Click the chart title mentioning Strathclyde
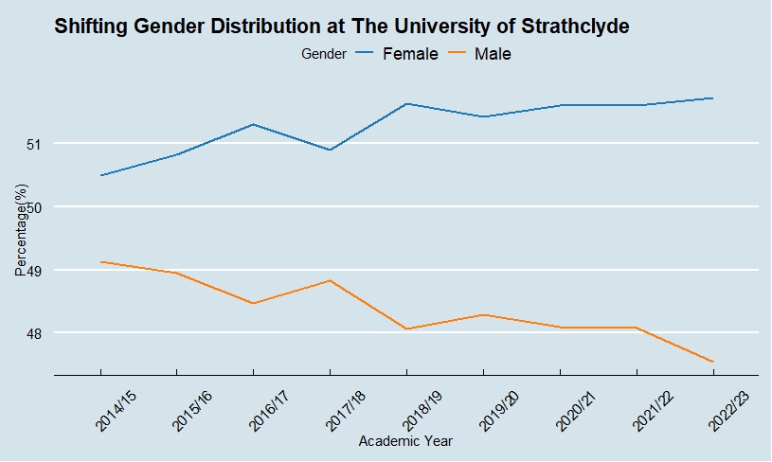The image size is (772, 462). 342,27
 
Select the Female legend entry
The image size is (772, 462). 409,54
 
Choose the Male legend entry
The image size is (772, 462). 492,54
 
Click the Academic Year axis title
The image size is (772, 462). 405,441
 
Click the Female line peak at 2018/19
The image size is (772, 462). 406,103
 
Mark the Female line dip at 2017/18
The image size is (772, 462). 330,150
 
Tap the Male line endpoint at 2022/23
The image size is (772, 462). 712,362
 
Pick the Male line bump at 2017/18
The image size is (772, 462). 330,280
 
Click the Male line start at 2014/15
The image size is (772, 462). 100,261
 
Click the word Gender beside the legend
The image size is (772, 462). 323,54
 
